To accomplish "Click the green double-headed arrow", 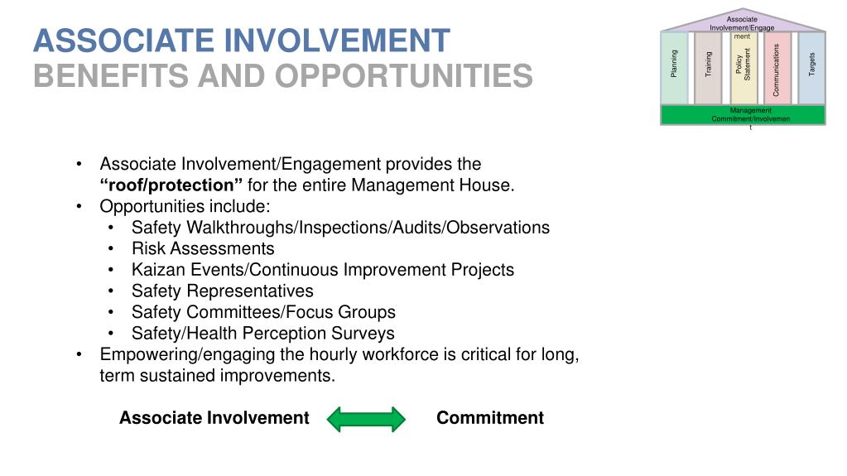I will click(x=366, y=419).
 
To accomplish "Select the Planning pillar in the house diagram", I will click(x=674, y=68).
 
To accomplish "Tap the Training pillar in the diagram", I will click(x=708, y=68).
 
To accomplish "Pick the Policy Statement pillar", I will click(x=744, y=68).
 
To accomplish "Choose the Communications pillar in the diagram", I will click(x=777, y=68).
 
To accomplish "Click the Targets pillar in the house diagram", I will click(x=811, y=68).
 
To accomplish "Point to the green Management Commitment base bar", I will click(x=743, y=115).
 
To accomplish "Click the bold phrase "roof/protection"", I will click(x=171, y=185).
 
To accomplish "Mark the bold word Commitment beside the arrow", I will click(x=490, y=418).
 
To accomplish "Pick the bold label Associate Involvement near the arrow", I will click(x=214, y=418).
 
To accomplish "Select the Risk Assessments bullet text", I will click(x=203, y=248).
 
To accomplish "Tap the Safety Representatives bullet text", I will click(x=222, y=291).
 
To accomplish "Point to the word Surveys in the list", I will click(x=365, y=334).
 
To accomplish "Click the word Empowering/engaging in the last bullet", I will click(x=178, y=354).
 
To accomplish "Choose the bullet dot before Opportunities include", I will click(x=78, y=206).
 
